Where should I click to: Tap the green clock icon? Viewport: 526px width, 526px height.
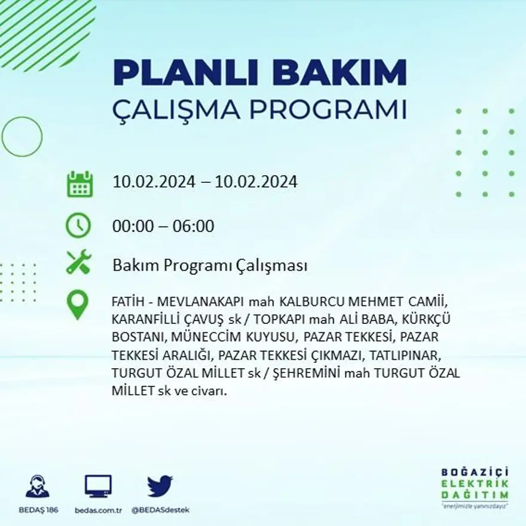(78, 226)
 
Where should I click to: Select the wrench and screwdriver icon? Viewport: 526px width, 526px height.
(78, 262)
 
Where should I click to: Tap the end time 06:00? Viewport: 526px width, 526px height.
(193, 227)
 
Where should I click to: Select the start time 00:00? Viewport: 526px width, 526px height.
(133, 227)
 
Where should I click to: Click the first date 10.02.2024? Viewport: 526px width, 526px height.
(154, 182)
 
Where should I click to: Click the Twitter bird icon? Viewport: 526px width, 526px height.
(160, 486)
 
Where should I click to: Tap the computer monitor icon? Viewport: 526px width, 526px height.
(98, 486)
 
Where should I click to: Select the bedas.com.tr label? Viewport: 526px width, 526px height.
(99, 510)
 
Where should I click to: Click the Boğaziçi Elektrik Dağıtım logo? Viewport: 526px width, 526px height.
(475, 488)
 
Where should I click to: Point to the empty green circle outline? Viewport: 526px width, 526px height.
(22, 137)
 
